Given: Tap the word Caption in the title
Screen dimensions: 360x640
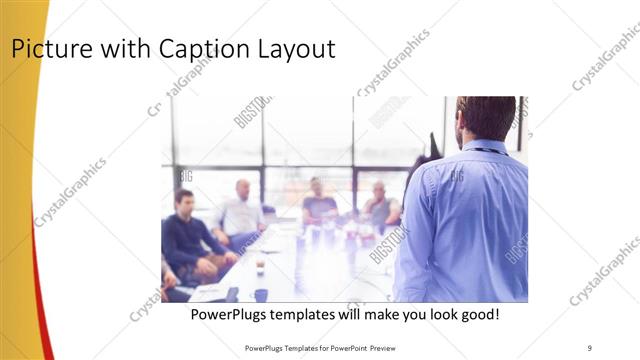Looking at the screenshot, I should click(200, 49).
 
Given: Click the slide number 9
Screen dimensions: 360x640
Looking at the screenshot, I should click(590, 347).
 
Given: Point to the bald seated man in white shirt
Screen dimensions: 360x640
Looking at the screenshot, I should click(241, 211).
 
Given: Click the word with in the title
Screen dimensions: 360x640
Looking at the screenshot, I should click(121, 49).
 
